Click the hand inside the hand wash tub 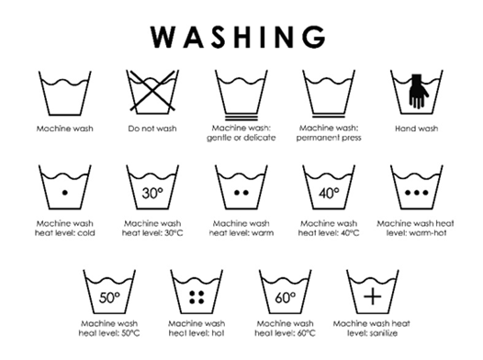click(x=419, y=92)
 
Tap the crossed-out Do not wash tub click(x=151, y=90)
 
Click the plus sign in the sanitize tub click(x=372, y=296)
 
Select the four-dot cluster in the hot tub click(x=197, y=297)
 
